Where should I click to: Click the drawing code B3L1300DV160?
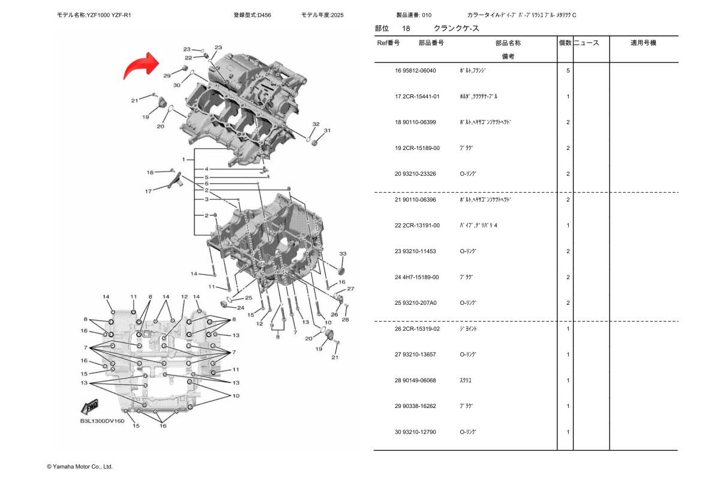[x=102, y=421]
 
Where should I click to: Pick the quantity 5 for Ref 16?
[x=568, y=71]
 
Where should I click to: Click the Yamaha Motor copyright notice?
[x=80, y=466]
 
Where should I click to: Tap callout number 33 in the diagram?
[x=343, y=254]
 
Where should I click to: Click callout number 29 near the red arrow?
[x=167, y=76]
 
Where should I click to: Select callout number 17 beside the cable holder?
[x=148, y=191]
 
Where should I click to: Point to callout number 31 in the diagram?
[x=327, y=130]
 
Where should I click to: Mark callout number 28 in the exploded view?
[x=345, y=319]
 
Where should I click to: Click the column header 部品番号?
[x=431, y=43]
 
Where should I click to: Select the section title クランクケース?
[x=457, y=28]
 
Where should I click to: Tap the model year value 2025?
[x=337, y=14]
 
